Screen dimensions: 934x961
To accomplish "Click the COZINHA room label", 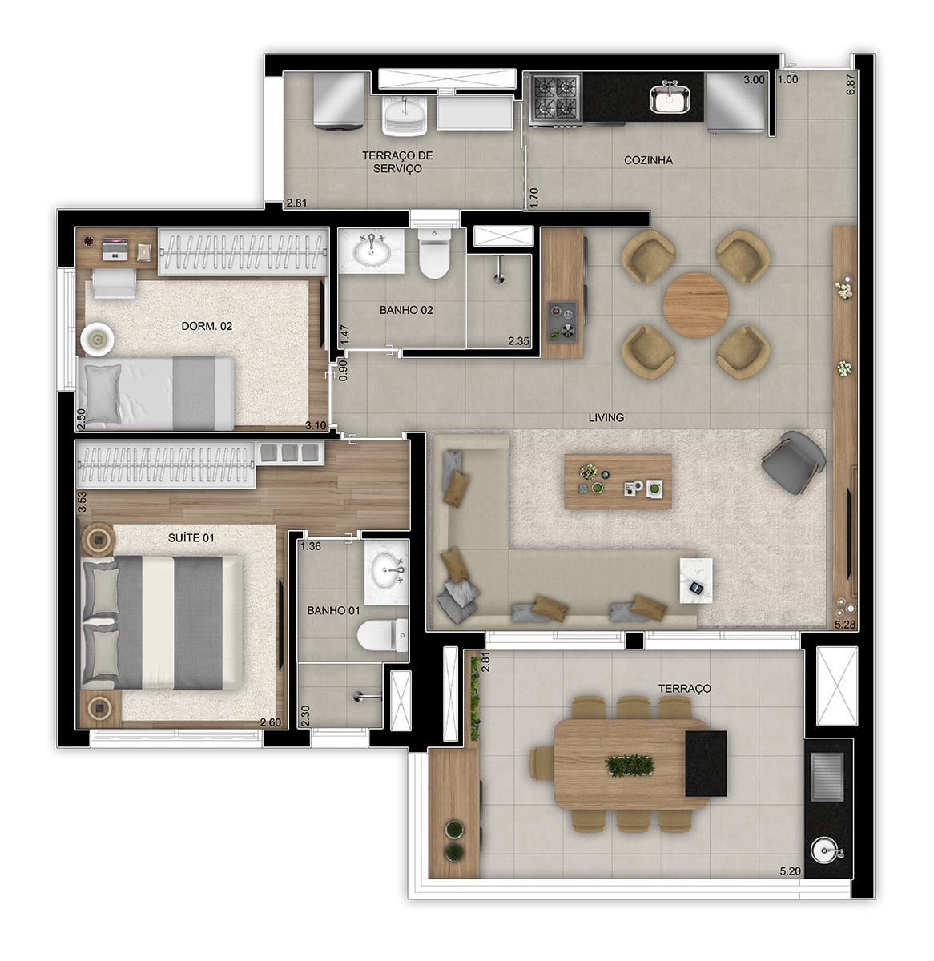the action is (x=647, y=160).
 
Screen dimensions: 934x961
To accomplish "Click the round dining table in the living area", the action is (x=695, y=304).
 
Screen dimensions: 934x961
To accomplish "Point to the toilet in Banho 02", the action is (x=434, y=253).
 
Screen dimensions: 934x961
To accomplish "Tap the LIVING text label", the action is (x=606, y=417).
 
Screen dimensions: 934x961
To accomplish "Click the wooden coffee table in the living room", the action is (x=618, y=481).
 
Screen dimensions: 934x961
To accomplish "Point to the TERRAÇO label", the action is (x=684, y=688).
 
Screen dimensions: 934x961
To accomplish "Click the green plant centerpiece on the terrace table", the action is (x=630, y=765).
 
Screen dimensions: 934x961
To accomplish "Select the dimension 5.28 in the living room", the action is (x=844, y=624).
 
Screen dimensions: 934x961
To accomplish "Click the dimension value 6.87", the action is (x=851, y=84).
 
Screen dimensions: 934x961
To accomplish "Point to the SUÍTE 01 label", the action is (x=191, y=538).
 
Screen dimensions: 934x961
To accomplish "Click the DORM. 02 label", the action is (x=207, y=326).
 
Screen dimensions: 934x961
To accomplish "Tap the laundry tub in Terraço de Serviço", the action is (x=405, y=115).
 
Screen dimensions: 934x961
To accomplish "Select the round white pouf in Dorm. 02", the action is (x=97, y=340).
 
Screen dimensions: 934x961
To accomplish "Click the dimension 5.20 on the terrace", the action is (x=790, y=871).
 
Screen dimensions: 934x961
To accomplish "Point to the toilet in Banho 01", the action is (x=382, y=636).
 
